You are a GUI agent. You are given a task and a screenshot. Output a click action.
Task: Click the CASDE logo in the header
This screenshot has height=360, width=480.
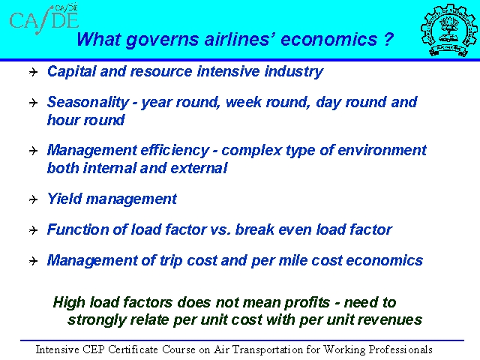point(44,19)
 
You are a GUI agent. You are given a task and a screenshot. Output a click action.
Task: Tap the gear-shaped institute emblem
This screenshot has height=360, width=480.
point(448,30)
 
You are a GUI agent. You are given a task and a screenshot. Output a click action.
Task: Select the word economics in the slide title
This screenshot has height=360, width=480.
point(328,40)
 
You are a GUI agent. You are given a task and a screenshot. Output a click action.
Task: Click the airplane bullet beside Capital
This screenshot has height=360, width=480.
point(33,72)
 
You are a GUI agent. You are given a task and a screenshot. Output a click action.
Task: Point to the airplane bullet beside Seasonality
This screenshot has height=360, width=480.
point(33,103)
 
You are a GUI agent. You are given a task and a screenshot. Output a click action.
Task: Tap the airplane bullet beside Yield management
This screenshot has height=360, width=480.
point(33,199)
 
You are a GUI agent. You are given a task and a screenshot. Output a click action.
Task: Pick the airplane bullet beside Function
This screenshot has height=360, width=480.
point(33,230)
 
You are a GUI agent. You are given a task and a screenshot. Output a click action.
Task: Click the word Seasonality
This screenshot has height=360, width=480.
point(88,103)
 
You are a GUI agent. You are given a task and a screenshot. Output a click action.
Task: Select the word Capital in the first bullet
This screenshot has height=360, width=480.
point(72,72)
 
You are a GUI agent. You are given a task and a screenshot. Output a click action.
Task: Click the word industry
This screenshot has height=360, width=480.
point(294,72)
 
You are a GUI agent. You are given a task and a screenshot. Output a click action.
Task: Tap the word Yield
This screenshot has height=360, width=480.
point(64,199)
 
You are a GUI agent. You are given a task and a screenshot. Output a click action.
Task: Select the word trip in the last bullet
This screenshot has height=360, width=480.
point(171,260)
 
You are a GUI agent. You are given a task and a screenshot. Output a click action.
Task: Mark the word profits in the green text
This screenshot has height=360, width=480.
point(307,303)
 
